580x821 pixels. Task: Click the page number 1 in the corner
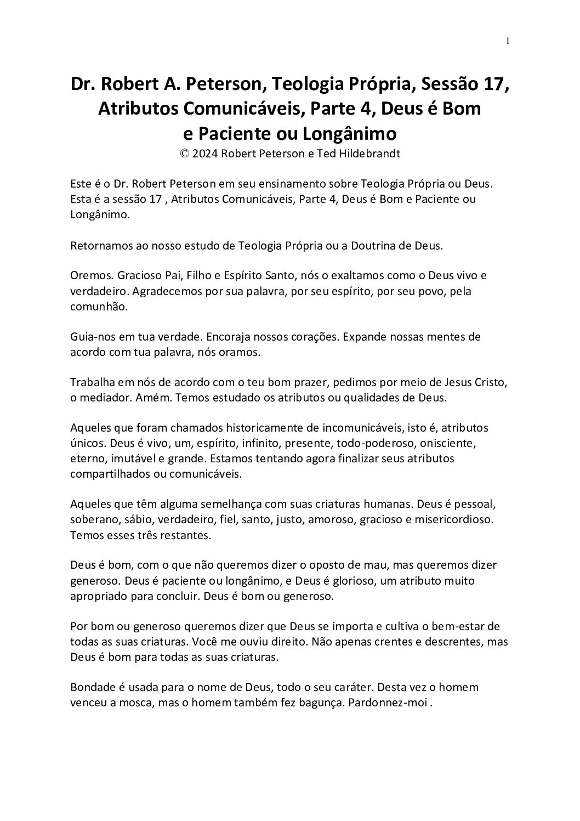508,41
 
